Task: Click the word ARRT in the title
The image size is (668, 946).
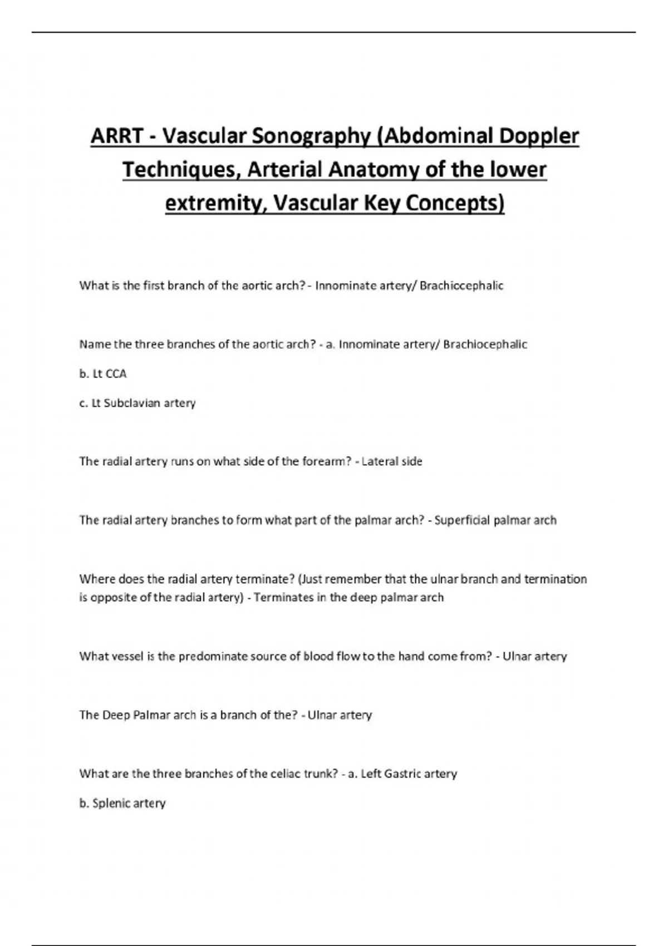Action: point(116,136)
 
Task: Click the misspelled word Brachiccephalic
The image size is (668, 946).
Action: point(461,286)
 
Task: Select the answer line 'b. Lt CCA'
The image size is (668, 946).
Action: point(103,374)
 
